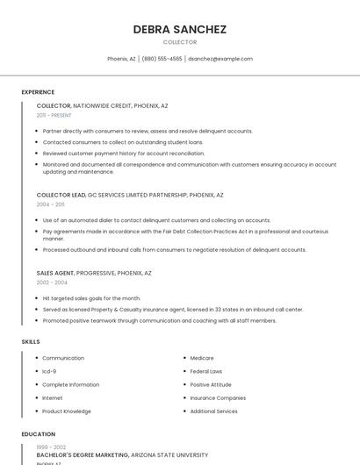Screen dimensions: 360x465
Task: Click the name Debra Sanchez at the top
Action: (x=180, y=29)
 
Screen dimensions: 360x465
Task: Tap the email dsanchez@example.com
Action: (x=220, y=59)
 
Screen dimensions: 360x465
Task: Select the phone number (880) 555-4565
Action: (x=162, y=59)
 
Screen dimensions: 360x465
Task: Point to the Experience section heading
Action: (x=38, y=92)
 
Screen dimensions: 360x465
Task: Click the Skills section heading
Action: (x=31, y=341)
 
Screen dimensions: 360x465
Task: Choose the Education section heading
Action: (x=39, y=434)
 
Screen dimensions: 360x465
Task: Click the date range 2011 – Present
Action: (x=54, y=115)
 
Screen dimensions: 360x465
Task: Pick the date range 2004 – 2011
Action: (x=51, y=204)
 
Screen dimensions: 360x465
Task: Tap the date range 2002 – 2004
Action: (x=52, y=283)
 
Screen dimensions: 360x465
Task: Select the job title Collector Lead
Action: (x=61, y=195)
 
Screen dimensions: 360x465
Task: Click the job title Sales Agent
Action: (x=55, y=273)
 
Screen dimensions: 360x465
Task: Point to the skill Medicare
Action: (x=202, y=358)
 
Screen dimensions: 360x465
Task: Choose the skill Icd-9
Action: (x=49, y=371)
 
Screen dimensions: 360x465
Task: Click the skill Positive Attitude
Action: (x=211, y=384)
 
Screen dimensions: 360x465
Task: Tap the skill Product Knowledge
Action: (x=67, y=411)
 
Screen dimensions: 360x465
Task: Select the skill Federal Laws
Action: (x=206, y=371)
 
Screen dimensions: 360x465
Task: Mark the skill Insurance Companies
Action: (x=218, y=398)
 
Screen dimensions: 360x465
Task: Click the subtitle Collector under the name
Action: (x=180, y=42)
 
